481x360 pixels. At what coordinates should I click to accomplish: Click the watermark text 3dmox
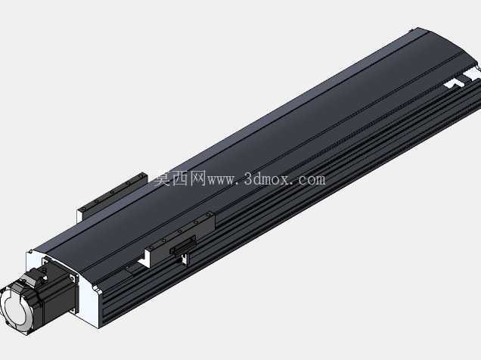266,179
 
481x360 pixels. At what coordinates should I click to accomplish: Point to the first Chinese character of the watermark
162,178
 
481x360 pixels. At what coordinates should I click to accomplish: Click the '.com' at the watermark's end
309,180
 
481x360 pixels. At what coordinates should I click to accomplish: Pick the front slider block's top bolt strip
181,230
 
